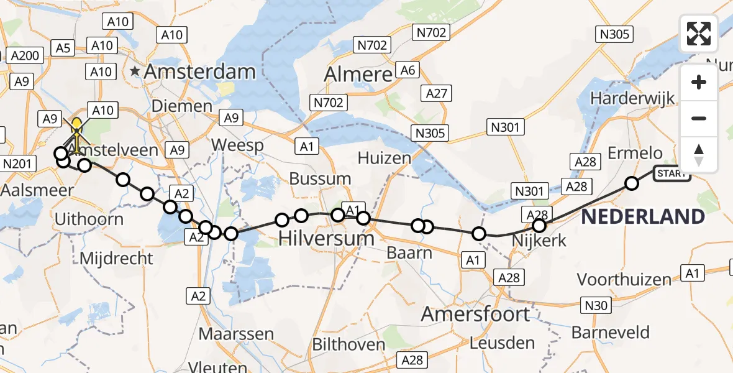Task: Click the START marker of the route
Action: click(672, 173)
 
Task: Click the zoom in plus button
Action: click(699, 82)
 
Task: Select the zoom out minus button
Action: click(699, 118)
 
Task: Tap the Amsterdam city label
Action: click(199, 71)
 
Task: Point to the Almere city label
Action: click(358, 75)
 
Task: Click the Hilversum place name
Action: click(326, 237)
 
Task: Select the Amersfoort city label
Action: click(475, 314)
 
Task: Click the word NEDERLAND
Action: click(643, 217)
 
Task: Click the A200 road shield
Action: click(25, 56)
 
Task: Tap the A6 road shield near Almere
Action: click(407, 70)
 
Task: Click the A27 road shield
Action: click(436, 93)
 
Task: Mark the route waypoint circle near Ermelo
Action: click(632, 183)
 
